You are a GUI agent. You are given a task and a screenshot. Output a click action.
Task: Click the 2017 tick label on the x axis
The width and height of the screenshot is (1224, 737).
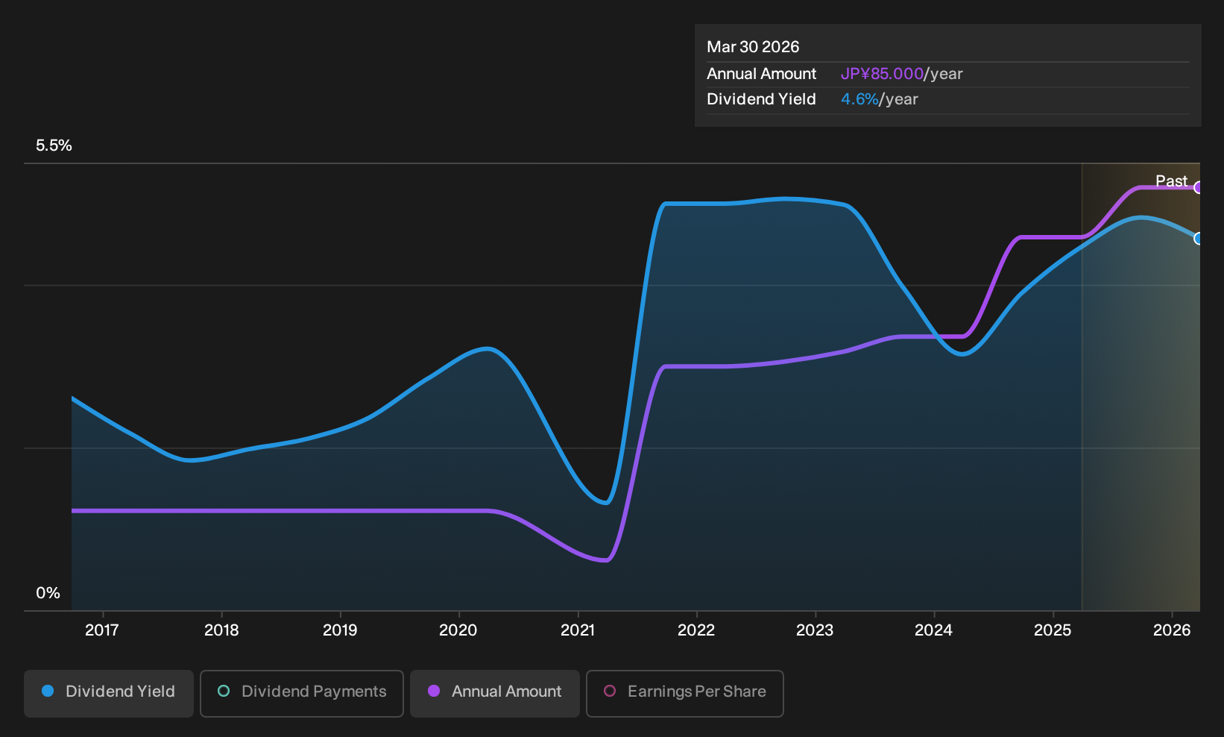(x=102, y=630)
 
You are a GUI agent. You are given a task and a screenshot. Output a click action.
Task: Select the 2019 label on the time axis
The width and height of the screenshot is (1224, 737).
(x=340, y=630)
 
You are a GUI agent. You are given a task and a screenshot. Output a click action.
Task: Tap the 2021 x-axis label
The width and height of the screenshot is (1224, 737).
(x=578, y=630)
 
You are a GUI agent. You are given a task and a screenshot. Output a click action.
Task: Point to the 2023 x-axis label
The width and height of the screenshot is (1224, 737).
(x=815, y=630)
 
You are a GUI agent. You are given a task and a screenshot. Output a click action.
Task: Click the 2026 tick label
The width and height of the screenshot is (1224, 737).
(x=1172, y=630)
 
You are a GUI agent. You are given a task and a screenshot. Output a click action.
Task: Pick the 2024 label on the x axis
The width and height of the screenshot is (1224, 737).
(x=934, y=630)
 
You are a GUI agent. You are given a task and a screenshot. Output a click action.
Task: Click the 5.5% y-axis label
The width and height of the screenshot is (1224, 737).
(x=54, y=145)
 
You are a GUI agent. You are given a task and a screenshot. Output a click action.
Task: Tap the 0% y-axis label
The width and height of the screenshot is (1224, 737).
(x=48, y=593)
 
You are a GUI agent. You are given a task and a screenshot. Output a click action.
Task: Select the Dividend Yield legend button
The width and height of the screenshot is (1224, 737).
(x=109, y=693)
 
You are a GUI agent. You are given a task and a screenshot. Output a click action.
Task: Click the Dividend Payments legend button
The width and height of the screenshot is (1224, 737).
(x=302, y=693)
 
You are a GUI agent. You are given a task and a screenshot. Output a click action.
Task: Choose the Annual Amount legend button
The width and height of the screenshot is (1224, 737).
(x=494, y=693)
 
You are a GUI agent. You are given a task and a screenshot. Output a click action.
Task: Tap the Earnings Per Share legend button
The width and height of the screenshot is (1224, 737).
(x=684, y=693)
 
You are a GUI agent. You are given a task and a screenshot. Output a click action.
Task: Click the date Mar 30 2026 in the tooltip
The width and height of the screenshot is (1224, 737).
(x=753, y=47)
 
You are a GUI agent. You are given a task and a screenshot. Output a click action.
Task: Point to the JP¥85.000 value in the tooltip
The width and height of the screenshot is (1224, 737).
(x=882, y=74)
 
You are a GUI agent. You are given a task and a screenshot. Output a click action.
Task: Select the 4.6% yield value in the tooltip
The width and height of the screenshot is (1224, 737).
(x=859, y=99)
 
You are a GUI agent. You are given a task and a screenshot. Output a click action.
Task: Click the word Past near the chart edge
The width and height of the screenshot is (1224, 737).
(x=1172, y=181)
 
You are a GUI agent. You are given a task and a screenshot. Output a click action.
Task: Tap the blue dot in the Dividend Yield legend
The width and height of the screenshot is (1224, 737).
(x=48, y=691)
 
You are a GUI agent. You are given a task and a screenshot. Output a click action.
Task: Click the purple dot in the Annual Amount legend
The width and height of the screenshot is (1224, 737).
(x=434, y=691)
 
